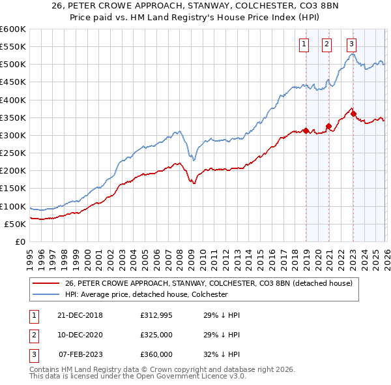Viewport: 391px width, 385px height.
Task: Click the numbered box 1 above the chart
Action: click(x=304, y=44)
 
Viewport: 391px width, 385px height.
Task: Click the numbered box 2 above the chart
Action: click(x=326, y=44)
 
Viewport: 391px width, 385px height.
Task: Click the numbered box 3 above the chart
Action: click(x=351, y=44)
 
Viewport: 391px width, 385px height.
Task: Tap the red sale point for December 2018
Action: click(x=306, y=131)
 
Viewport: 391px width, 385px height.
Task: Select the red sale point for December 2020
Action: click(x=329, y=127)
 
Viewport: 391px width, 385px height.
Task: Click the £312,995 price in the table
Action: click(x=156, y=315)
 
